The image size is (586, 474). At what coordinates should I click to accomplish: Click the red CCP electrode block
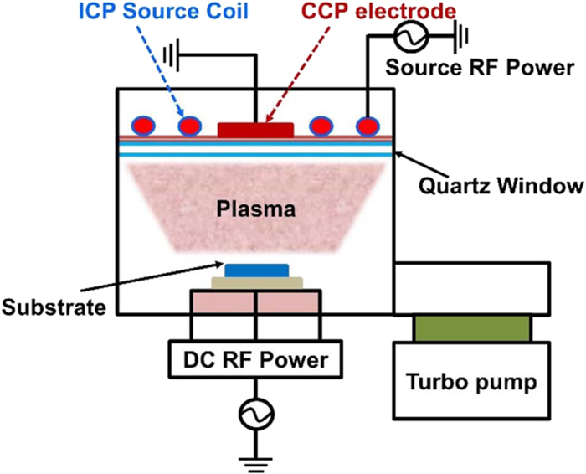click(255, 129)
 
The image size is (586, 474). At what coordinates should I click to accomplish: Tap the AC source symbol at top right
click(414, 33)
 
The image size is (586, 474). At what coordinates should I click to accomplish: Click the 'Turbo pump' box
click(473, 384)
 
